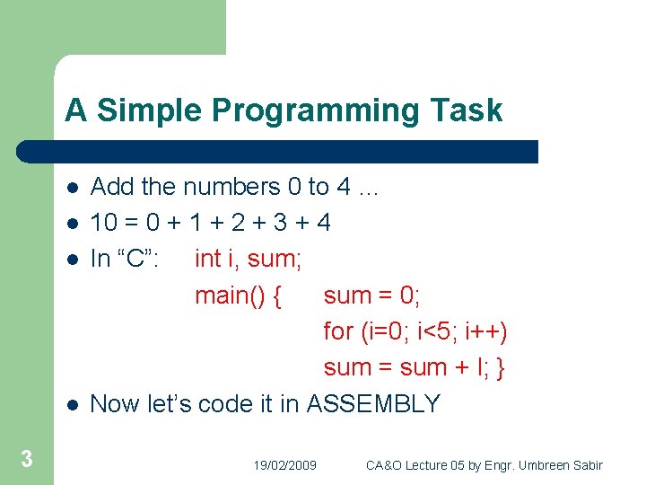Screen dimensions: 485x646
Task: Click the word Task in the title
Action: (471, 110)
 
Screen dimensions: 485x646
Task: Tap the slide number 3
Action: (27, 460)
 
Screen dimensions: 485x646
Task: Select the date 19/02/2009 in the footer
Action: (284, 465)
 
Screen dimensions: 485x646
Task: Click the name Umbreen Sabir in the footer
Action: (564, 465)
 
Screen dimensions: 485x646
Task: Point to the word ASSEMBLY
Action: (373, 404)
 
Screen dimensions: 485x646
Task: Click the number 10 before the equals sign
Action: (102, 223)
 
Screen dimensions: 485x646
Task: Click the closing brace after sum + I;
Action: (501, 367)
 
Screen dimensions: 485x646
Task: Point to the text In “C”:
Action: (126, 259)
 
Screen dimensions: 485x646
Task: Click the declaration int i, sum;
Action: (249, 259)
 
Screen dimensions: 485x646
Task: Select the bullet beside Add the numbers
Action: (72, 188)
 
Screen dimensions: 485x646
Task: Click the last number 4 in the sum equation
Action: (323, 223)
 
